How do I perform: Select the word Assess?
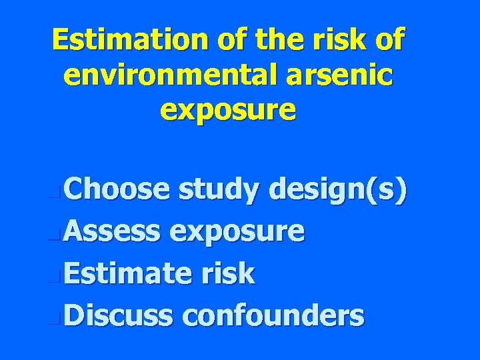tap(113, 232)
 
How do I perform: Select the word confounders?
tap(273, 315)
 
